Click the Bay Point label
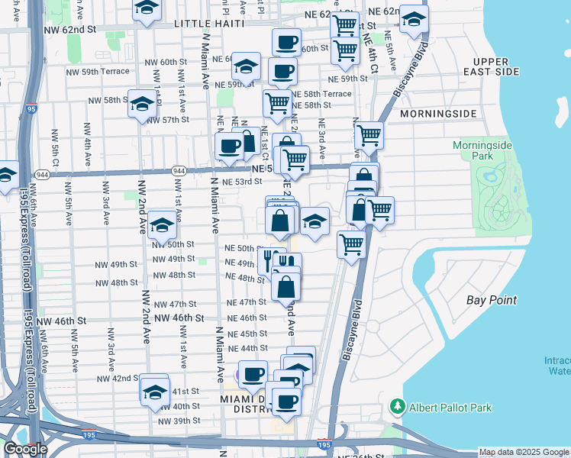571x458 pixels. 492,301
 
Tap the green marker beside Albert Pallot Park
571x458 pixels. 395,405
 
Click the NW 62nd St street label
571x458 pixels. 69,28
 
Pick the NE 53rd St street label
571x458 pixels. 242,182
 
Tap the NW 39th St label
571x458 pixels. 179,421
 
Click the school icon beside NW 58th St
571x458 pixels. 143,104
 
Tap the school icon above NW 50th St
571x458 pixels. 162,224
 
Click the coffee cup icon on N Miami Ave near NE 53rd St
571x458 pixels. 228,146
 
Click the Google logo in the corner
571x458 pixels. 24,449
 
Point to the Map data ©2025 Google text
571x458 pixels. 523,453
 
